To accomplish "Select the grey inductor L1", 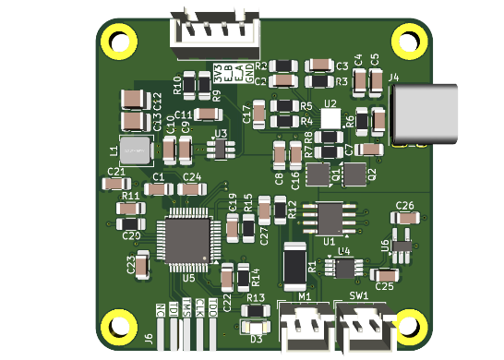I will coord(136,150).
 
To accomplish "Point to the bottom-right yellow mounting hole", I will coord(407,325).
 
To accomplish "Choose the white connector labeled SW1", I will coord(361,327).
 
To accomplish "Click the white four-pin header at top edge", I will coord(214,29).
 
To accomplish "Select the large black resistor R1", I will coord(294,266).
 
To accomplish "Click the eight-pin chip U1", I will coord(329,218).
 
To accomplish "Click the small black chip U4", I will coord(345,268).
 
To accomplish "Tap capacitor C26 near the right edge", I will coord(404,219).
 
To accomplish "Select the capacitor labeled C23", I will coord(142,265).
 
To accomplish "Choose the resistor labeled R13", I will coord(256,309).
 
